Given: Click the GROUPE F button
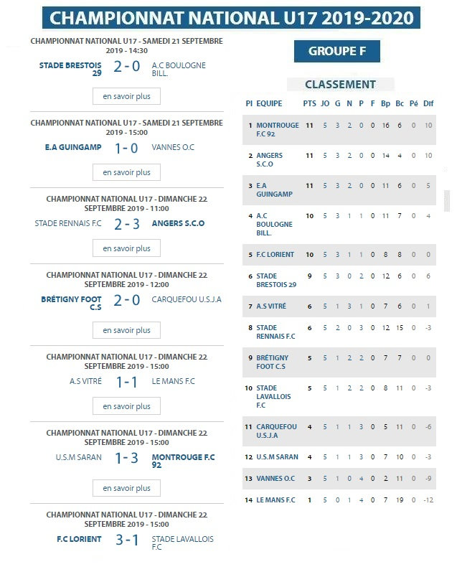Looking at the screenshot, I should pos(336,51).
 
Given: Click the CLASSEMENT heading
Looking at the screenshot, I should pos(340,84).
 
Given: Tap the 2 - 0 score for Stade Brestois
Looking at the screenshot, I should pos(126,67).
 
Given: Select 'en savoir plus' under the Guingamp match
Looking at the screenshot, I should pos(126,172).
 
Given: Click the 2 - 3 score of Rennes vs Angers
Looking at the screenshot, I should pos(126,223).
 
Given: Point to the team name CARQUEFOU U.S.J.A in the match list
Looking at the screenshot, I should pos(187,300).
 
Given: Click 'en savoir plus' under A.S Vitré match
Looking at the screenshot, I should pos(126,406).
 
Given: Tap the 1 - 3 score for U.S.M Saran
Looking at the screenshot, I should pos(126,458).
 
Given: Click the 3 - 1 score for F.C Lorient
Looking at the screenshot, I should pos(126,539).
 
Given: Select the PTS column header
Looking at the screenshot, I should pos(309,103).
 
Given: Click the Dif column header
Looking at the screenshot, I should pos(428,103).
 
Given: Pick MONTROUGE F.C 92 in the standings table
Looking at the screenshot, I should pos(277,129).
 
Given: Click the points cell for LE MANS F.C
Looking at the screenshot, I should pos(309,500).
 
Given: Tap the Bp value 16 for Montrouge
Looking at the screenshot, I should pos(386,125).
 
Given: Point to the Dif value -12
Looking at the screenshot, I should pos(428,500).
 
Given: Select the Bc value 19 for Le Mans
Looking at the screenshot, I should pos(400,500).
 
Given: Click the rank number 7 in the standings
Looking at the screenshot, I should pos(250,306).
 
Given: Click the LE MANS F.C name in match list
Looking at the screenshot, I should pos(173,381).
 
